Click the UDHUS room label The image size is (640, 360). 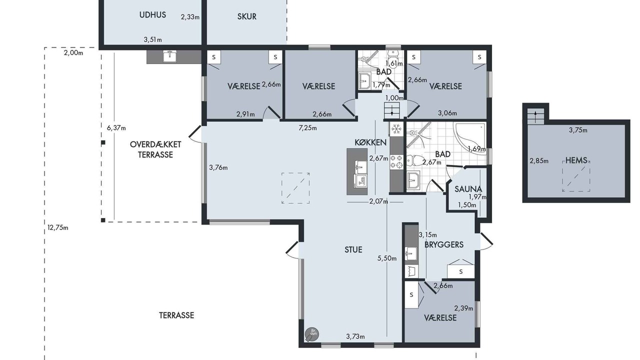(152, 15)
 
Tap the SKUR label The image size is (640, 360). (247, 16)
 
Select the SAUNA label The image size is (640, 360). (468, 189)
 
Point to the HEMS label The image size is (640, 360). (576, 160)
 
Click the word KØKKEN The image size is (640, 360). (370, 142)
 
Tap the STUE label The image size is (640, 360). (353, 249)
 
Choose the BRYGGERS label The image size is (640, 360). (444, 245)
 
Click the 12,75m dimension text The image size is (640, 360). (57, 228)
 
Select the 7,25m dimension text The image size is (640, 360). (307, 128)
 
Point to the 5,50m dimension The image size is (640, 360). (387, 258)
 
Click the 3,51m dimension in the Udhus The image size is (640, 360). (152, 39)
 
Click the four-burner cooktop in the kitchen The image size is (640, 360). (396, 161)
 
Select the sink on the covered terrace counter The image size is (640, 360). (169, 56)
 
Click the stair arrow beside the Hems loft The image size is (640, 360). (535, 116)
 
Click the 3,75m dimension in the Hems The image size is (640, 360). (578, 130)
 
